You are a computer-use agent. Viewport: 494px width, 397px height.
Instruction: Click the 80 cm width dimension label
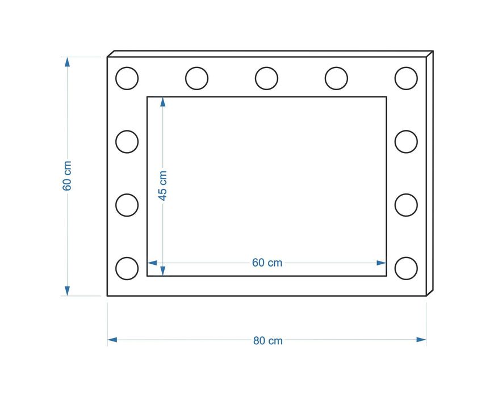[x=268, y=341]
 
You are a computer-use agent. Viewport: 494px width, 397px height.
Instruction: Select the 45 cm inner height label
[x=162, y=185]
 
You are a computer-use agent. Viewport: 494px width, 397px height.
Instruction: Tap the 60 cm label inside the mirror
[x=267, y=263]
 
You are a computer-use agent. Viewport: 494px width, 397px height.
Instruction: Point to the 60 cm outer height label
[x=67, y=176]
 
